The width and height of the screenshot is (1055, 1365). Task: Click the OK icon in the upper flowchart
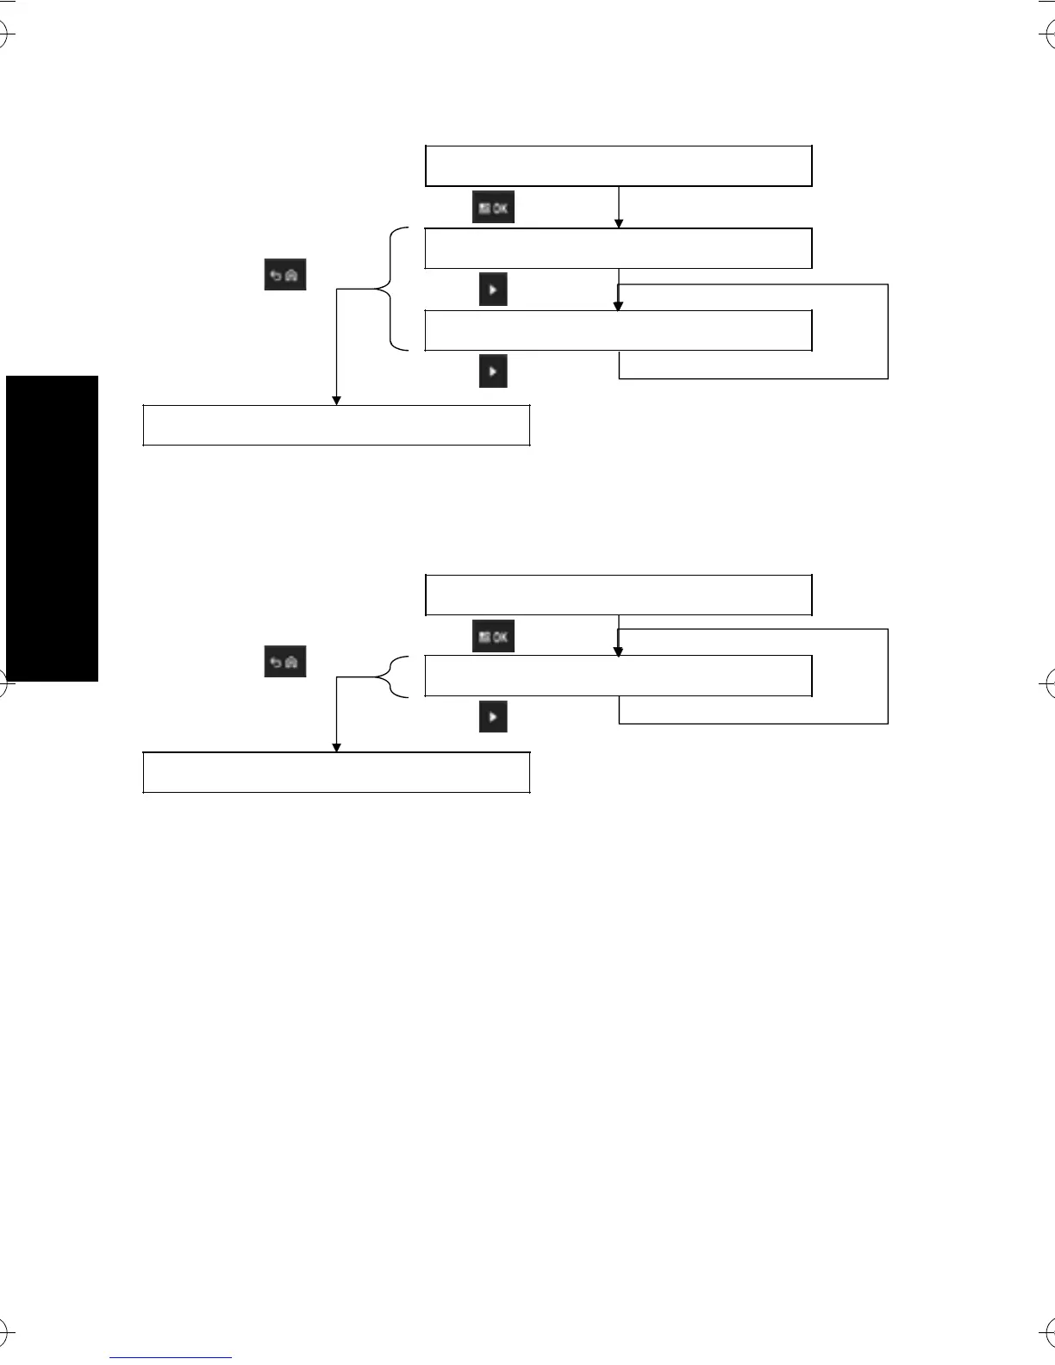click(x=494, y=208)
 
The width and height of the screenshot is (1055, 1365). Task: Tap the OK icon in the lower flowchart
click(x=494, y=636)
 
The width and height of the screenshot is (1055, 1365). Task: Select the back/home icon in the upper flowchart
click(x=285, y=276)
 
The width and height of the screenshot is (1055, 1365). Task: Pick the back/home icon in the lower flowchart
click(x=285, y=662)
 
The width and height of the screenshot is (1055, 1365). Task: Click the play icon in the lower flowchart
click(x=493, y=716)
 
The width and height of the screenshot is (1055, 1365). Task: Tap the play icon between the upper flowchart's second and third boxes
click(x=493, y=290)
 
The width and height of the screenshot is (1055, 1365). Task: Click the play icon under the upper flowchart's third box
click(x=493, y=371)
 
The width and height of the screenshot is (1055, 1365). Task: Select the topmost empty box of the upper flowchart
click(x=619, y=166)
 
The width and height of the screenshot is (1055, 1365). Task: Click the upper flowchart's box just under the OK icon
click(x=619, y=248)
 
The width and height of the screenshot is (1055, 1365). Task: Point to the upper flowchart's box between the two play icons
click(x=619, y=330)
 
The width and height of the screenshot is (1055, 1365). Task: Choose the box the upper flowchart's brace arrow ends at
click(x=336, y=425)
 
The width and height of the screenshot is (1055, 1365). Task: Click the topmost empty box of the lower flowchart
click(x=619, y=595)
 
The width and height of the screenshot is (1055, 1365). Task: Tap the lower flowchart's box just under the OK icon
click(x=619, y=676)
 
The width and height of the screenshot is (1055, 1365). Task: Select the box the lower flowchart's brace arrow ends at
click(x=336, y=772)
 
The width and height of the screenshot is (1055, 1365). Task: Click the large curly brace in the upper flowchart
click(x=393, y=290)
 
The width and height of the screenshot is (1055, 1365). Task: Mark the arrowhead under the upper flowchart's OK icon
click(x=619, y=224)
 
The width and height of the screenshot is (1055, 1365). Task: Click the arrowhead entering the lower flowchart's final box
click(x=336, y=748)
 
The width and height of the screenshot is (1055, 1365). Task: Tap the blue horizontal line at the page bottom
click(x=171, y=1357)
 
